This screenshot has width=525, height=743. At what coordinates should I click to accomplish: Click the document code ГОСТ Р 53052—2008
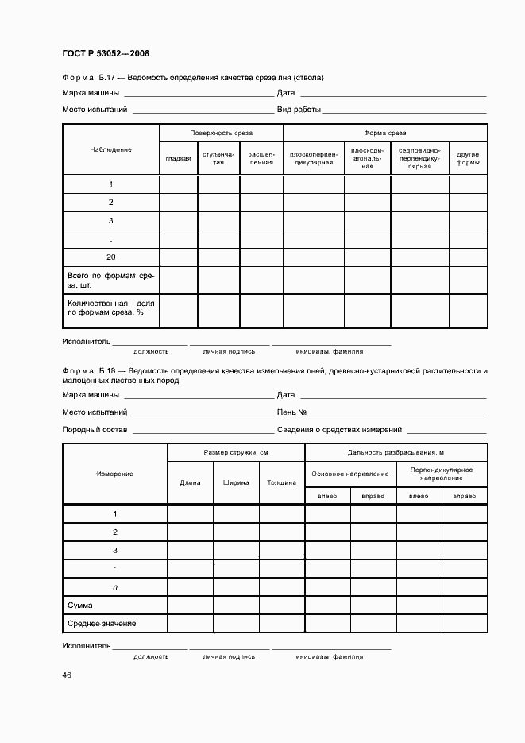click(x=106, y=53)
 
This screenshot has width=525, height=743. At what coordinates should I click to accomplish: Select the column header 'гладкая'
click(x=178, y=158)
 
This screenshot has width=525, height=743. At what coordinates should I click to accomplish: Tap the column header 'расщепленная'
click(x=261, y=158)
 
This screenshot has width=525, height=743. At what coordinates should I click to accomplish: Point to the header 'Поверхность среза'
click(x=221, y=133)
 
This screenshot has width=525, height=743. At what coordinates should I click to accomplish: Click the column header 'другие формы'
click(x=468, y=158)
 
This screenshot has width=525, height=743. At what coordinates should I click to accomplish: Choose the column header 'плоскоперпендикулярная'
click(x=314, y=158)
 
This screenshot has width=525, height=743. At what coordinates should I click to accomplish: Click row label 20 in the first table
click(x=111, y=257)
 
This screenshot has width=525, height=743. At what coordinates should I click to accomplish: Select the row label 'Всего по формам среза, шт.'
click(x=111, y=280)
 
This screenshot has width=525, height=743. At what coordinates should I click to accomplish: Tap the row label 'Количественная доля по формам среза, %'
click(x=111, y=308)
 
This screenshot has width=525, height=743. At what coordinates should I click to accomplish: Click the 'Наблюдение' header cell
click(x=111, y=149)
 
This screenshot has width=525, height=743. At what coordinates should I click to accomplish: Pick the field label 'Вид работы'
click(x=299, y=109)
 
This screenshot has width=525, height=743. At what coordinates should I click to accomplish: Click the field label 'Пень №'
click(x=291, y=412)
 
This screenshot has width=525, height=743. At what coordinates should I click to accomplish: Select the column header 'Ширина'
click(x=236, y=482)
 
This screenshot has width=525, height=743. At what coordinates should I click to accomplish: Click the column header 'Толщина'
click(x=281, y=482)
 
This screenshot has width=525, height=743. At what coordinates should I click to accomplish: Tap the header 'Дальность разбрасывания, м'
click(x=396, y=452)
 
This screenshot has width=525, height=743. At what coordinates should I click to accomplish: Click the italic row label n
click(x=115, y=587)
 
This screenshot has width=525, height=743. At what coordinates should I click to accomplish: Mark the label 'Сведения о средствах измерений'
click(x=339, y=430)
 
